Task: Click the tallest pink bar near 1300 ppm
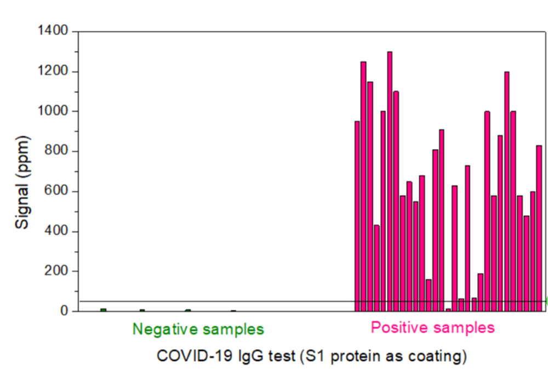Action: (390, 181)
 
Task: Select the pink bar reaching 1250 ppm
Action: (363, 186)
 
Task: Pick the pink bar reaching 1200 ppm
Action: (507, 192)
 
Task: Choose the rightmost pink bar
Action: (539, 228)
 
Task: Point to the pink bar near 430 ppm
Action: (376, 268)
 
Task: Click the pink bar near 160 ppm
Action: (429, 295)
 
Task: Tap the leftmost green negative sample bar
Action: (103, 310)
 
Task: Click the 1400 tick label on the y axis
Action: (53, 31)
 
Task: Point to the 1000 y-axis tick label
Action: (53, 111)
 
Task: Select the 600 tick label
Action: (57, 191)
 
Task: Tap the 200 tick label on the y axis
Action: (57, 271)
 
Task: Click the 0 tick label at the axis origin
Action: (64, 311)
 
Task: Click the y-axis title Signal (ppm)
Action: (22, 171)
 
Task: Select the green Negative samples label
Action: (198, 329)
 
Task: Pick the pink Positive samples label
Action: (432, 328)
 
